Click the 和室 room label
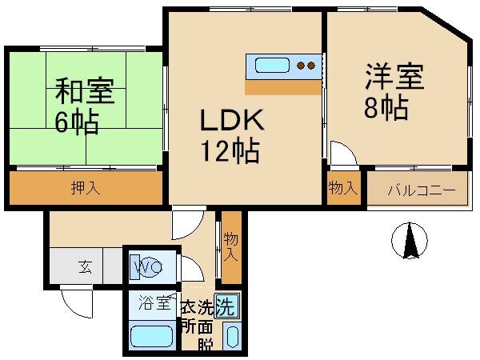coord(85,90)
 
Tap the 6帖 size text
coord(77,122)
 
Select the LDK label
coord(230,122)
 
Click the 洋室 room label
coord(394,78)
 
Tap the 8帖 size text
coord(386,108)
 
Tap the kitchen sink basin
coord(273,65)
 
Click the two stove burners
coord(306,65)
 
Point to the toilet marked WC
coord(147,265)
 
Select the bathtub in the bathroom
coord(153,337)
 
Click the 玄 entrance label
coord(85,267)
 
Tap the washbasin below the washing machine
coord(233,335)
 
